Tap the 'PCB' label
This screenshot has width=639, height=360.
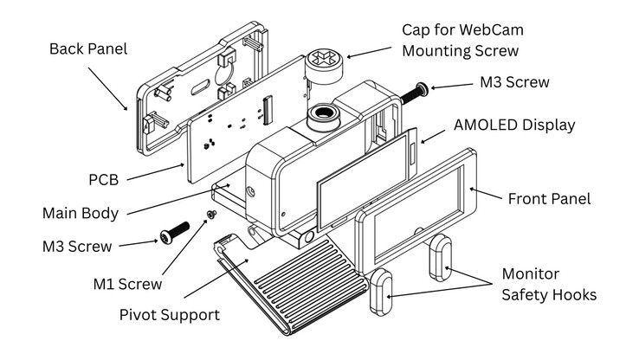tap(103, 180)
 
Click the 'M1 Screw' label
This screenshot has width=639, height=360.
tap(127, 283)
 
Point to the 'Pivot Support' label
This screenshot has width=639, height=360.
tap(169, 313)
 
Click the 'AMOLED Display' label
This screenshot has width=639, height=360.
tap(514, 125)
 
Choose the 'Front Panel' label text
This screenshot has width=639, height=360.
tap(549, 198)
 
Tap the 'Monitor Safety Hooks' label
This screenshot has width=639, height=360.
tap(549, 284)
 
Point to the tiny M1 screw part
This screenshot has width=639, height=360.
tap(210, 214)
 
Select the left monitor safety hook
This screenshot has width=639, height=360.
tap(382, 291)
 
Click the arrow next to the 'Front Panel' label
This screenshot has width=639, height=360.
tap(487, 193)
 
